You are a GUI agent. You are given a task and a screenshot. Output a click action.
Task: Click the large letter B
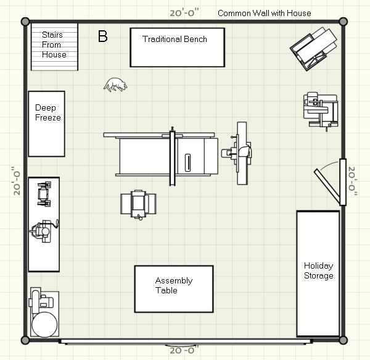click(102, 36)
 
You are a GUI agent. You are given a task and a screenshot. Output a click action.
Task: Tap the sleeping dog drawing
click(115, 85)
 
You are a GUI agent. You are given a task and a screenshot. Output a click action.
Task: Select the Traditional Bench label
click(175, 39)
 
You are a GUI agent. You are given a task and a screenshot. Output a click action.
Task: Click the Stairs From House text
click(54, 44)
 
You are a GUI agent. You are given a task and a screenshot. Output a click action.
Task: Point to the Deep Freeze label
click(48, 112)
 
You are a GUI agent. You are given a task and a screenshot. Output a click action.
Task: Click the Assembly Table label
click(174, 285)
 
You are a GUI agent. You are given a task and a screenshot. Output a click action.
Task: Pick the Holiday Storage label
click(319, 270)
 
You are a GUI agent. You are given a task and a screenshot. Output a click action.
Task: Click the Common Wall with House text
click(265, 13)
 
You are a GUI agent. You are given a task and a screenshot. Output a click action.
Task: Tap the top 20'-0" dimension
click(184, 12)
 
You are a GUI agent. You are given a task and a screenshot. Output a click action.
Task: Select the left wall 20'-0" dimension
click(17, 181)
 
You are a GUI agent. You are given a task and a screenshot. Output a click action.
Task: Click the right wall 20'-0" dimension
click(353, 181)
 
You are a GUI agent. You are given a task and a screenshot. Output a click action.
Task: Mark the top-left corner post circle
click(25, 22)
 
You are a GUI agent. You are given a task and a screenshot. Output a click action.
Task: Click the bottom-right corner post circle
click(343, 340)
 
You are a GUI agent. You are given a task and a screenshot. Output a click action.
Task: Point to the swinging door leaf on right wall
click(327, 186)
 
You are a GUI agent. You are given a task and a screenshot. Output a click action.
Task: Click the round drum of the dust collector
click(44, 325)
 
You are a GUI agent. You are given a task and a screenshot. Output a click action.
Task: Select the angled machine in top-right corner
click(313, 49)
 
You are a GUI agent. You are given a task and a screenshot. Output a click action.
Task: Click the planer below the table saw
click(138, 204)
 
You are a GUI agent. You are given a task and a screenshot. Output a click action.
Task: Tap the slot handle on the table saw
click(188, 162)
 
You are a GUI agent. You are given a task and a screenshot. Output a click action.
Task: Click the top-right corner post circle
click(343, 22)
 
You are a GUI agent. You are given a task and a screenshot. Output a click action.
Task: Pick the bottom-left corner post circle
click(25, 340)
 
